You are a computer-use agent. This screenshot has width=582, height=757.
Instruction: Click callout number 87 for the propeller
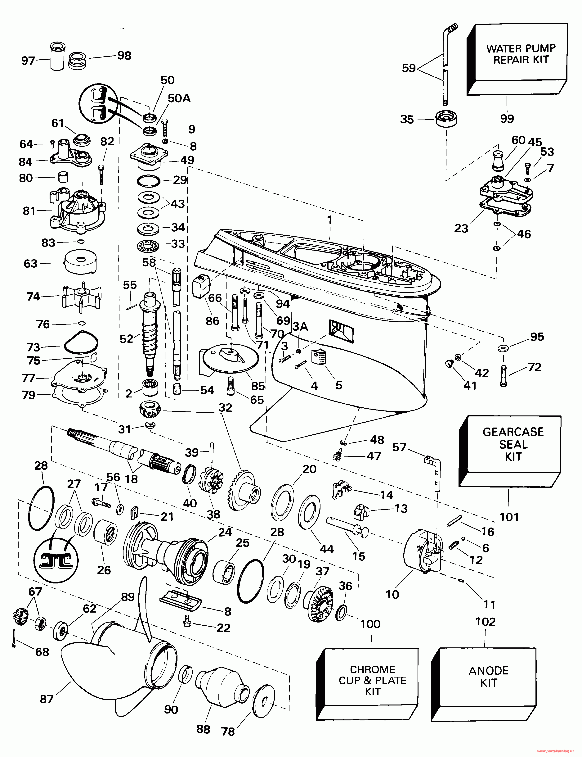pos(46,699)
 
